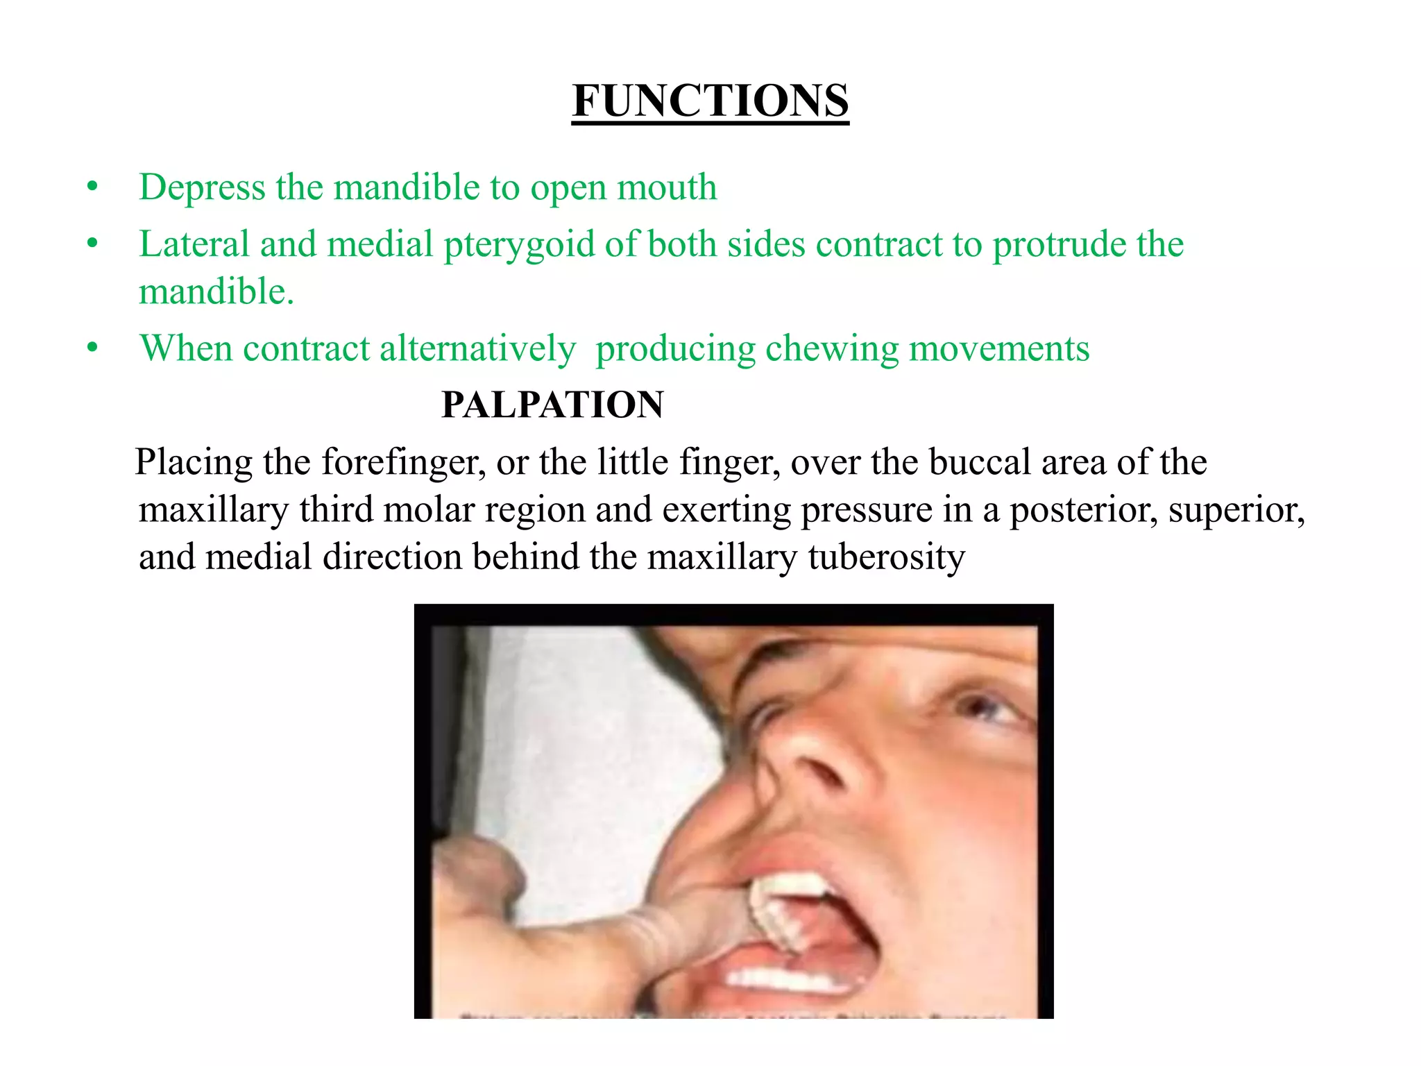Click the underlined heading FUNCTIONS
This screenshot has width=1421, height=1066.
pyautogui.click(x=710, y=101)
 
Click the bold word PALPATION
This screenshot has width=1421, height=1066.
pyautogui.click(x=552, y=405)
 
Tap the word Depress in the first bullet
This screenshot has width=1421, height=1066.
pyautogui.click(x=202, y=187)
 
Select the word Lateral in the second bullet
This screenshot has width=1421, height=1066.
pyautogui.click(x=194, y=244)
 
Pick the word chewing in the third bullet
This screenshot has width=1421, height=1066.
pyautogui.click(x=831, y=349)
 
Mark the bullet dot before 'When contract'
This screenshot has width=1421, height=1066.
pyautogui.click(x=92, y=348)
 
